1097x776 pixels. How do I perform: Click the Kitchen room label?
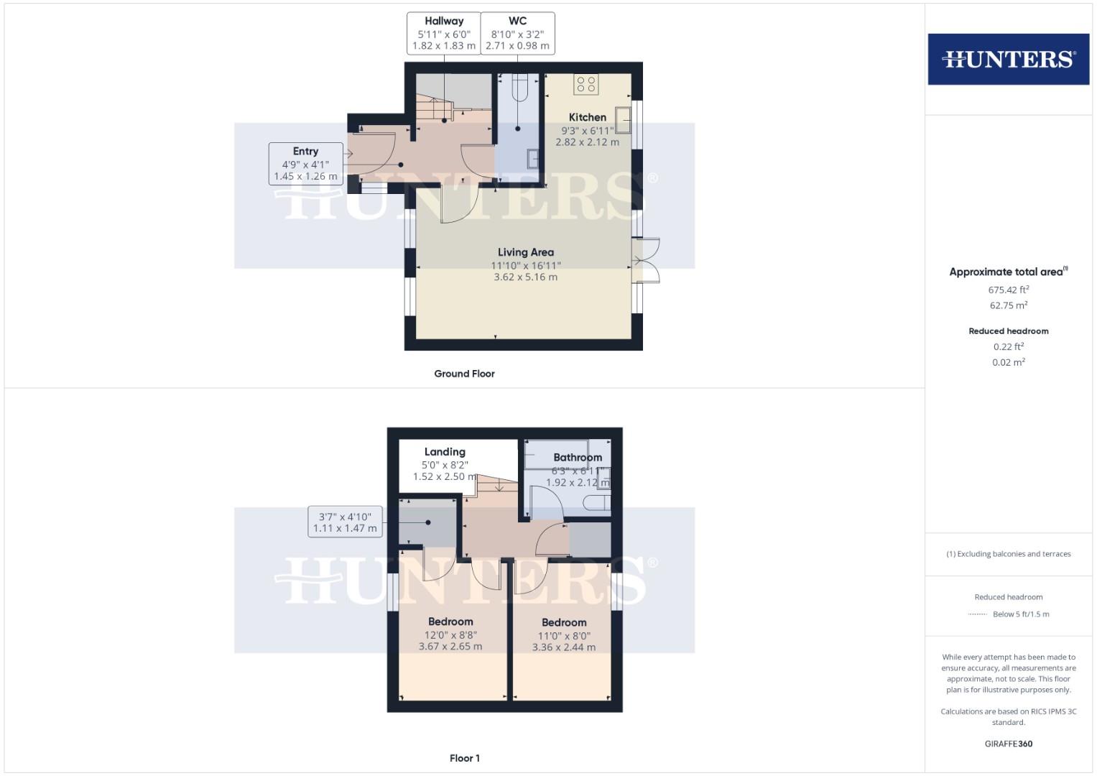click(x=587, y=117)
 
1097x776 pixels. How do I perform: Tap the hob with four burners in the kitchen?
click(x=585, y=85)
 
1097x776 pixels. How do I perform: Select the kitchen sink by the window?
click(x=623, y=120)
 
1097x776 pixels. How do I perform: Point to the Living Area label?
click(x=525, y=252)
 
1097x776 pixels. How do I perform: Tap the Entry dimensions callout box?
click(x=305, y=164)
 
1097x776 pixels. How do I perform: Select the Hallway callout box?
click(x=443, y=33)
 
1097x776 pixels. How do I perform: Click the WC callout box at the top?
click(x=517, y=33)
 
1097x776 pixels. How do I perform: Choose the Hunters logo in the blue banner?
click(x=1008, y=59)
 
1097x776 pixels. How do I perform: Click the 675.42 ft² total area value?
click(x=1008, y=290)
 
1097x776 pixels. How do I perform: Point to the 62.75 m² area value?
click(x=1008, y=305)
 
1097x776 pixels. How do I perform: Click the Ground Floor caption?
click(x=464, y=374)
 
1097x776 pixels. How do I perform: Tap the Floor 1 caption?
click(x=464, y=758)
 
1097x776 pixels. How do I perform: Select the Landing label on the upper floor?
click(x=445, y=452)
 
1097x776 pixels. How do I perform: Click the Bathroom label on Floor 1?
click(x=578, y=457)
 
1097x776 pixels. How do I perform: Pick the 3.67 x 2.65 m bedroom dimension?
click(x=450, y=646)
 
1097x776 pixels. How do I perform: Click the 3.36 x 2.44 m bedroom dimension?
click(x=563, y=647)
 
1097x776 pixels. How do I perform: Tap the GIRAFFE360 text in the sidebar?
click(x=1008, y=744)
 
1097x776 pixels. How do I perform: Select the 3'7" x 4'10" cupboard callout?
click(x=344, y=522)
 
